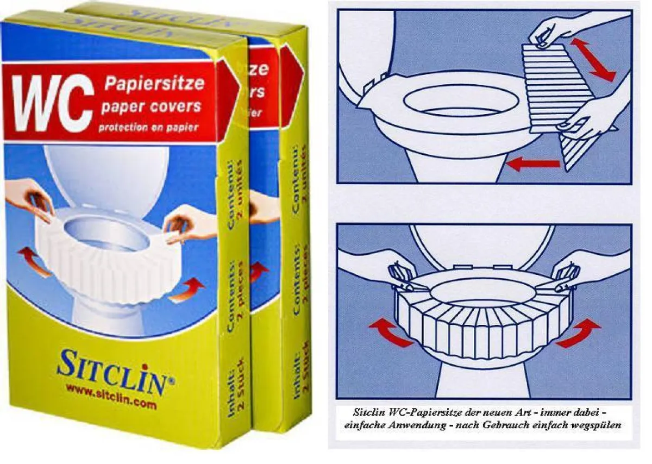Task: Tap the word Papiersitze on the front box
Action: coord(154,84)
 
